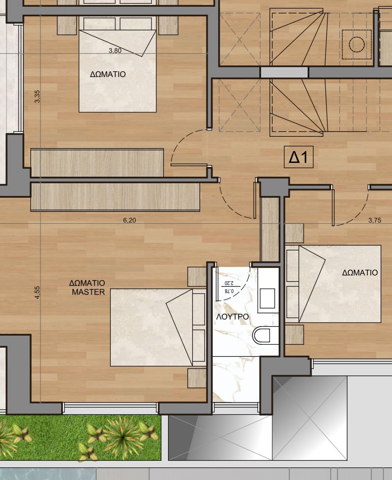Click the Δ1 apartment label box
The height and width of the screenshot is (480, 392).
point(298,157)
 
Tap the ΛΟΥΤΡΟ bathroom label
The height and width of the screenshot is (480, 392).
point(233,316)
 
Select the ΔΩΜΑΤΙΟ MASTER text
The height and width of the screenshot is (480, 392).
point(88,288)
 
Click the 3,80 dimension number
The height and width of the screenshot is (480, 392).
point(115,50)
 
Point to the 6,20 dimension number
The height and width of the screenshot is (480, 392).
point(129,220)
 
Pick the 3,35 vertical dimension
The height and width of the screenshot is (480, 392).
point(37,96)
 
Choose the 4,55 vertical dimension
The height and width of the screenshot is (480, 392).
point(37,292)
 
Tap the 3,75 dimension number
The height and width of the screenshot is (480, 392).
point(375,220)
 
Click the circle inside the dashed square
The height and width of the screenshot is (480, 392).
point(356,44)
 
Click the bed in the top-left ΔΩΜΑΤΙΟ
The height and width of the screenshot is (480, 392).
point(117,70)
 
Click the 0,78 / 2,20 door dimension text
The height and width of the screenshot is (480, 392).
point(229,287)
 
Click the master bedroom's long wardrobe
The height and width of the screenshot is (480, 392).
point(115,197)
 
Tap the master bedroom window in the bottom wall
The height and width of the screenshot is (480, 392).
point(110,408)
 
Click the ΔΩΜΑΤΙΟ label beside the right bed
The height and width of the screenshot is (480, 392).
point(360,273)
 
